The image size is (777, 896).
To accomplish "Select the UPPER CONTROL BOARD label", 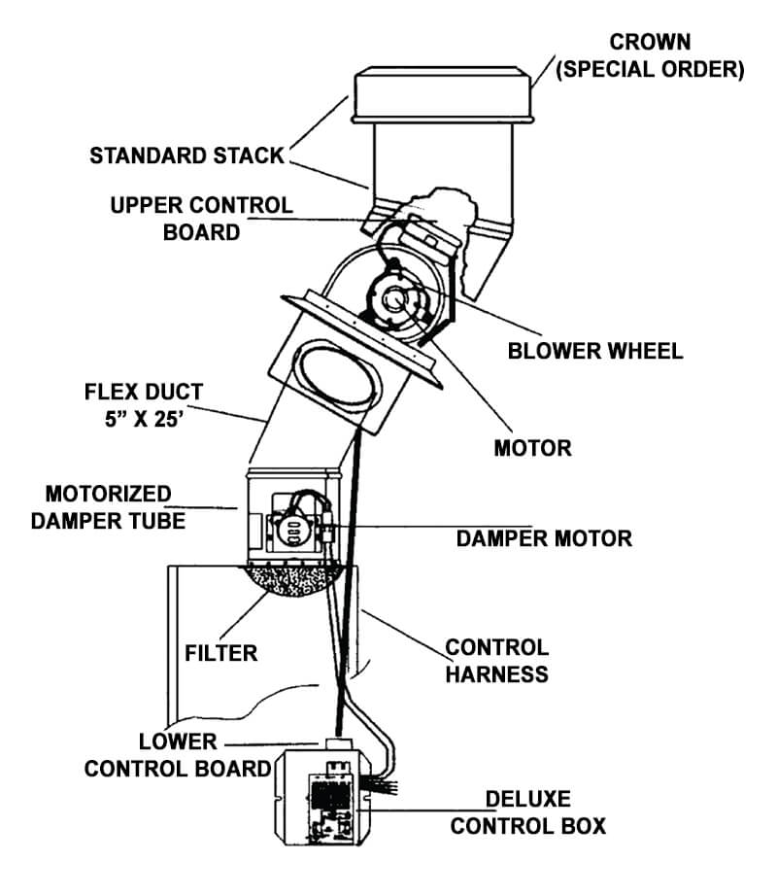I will [x=201, y=219].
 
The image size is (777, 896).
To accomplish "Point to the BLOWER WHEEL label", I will [x=595, y=351].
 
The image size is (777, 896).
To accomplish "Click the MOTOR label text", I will [x=532, y=448].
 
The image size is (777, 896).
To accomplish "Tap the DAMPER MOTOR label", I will [x=544, y=537].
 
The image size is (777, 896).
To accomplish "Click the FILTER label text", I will [x=221, y=652].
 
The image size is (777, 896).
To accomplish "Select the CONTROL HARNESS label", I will [x=496, y=660].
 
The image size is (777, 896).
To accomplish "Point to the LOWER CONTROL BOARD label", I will [x=177, y=755].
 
